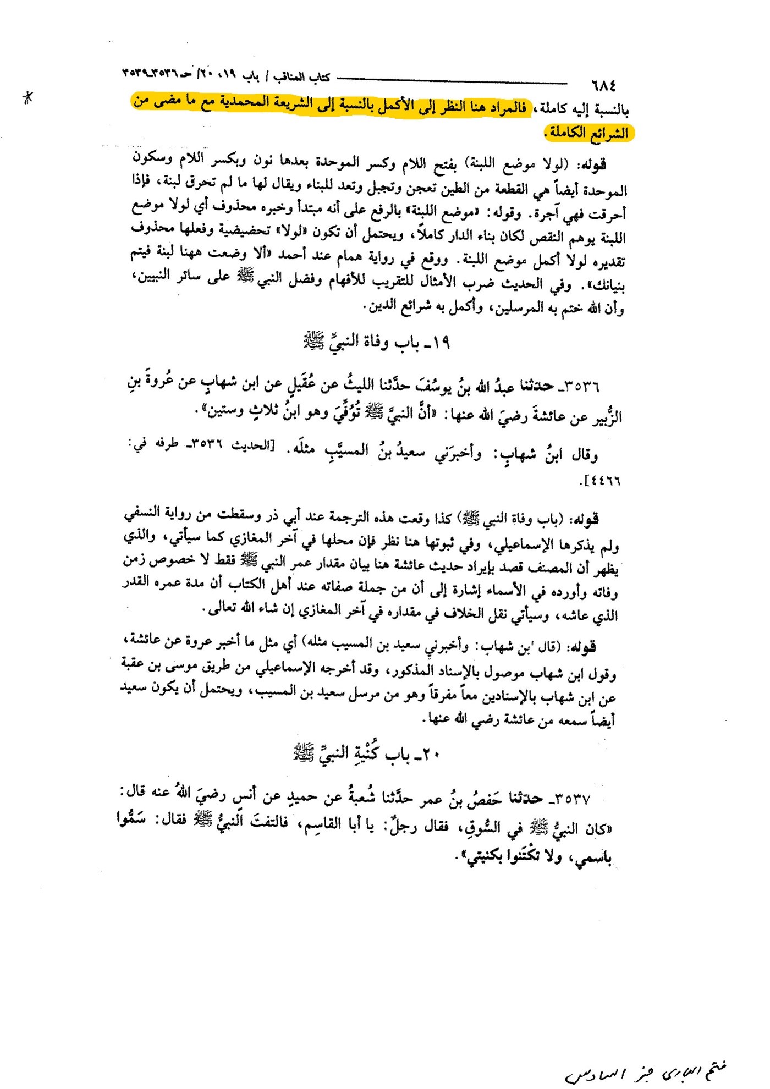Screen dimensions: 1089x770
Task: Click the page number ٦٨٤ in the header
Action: point(603,86)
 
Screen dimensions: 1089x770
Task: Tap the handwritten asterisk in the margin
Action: point(28,98)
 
